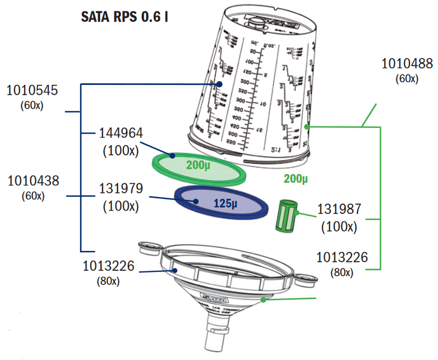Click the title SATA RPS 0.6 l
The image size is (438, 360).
124,16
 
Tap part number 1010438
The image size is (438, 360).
32,180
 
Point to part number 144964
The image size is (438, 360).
120,133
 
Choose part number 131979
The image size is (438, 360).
120,189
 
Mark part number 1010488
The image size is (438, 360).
407,64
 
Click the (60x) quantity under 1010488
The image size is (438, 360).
407,78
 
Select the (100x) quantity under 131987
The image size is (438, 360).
339,226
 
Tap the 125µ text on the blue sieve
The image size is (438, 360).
224,203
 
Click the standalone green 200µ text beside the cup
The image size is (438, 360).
296,179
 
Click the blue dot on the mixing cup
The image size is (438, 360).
218,84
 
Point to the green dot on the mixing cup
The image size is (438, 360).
307,127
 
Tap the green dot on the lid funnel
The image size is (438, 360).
263,299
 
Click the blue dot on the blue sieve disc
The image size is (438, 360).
195,201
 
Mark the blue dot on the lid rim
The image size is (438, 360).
174,270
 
